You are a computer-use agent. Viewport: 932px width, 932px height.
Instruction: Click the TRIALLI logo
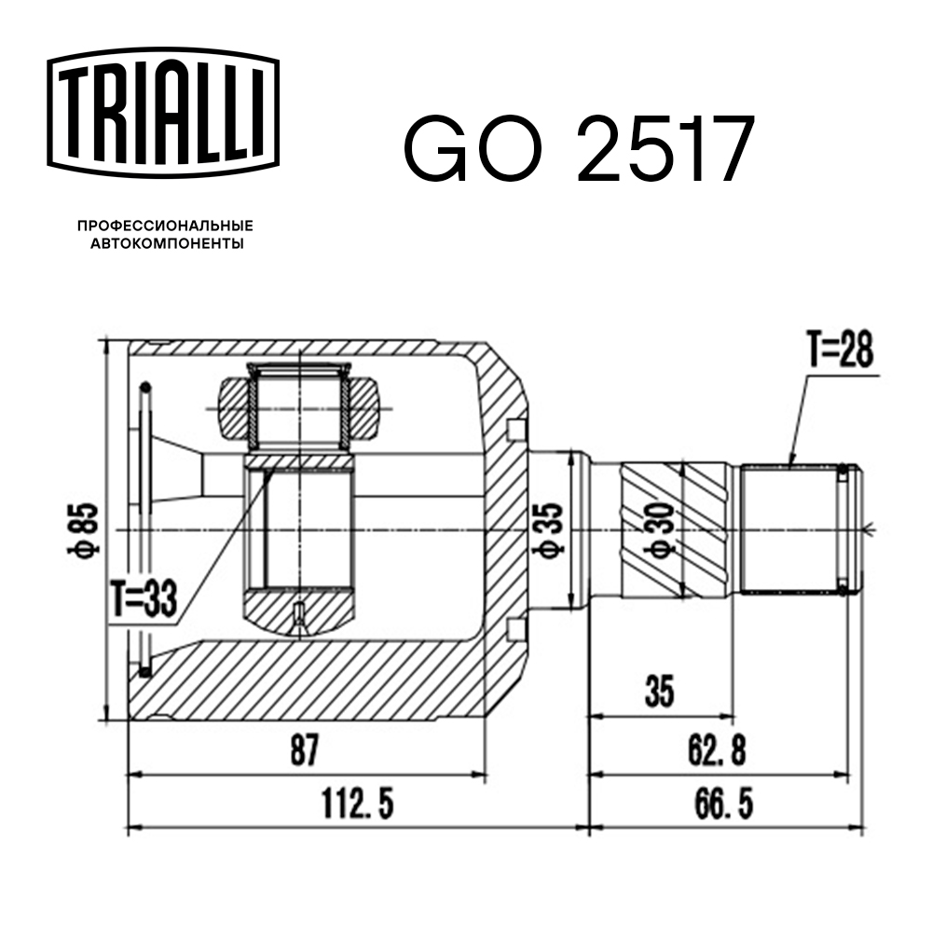pyautogui.click(x=163, y=113)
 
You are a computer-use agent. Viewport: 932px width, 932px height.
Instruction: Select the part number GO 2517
pyautogui.click(x=579, y=148)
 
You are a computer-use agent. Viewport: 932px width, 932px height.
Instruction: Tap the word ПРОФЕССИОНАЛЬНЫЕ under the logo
pyautogui.click(x=165, y=226)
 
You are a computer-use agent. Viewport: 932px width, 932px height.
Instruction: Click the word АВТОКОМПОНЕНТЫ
pyautogui.click(x=167, y=243)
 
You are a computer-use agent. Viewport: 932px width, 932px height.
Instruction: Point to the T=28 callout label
pyautogui.click(x=840, y=349)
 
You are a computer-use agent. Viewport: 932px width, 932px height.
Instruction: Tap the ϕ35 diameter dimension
pyautogui.click(x=550, y=530)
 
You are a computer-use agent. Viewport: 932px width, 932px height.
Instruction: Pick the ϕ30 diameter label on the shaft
pyautogui.click(x=661, y=529)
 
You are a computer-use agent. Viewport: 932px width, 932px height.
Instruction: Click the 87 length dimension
pyautogui.click(x=305, y=749)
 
